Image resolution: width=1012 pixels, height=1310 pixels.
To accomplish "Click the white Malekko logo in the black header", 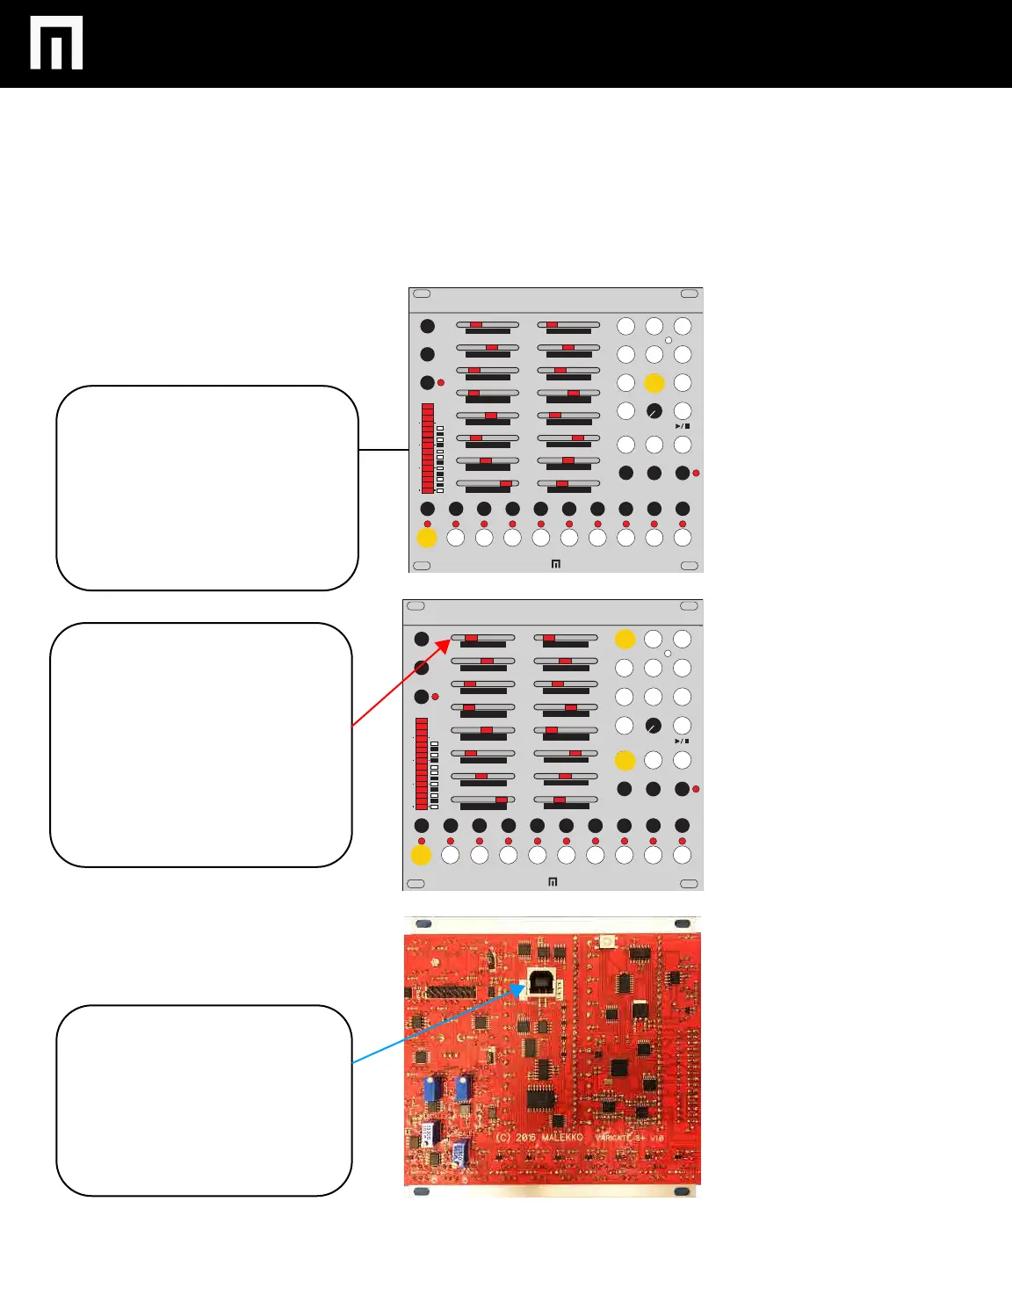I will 56,42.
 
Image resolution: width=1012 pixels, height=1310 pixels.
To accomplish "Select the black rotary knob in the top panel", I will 654,411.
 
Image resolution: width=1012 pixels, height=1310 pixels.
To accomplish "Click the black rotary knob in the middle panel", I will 653,726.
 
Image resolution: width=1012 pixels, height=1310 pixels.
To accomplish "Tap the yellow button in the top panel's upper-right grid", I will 654,383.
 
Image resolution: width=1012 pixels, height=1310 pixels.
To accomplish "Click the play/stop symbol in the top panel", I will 683,426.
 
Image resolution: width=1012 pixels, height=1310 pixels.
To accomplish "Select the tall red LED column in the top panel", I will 427,448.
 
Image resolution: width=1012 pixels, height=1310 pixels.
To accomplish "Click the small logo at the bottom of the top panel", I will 556,564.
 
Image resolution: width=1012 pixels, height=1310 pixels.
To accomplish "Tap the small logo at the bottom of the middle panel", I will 553,882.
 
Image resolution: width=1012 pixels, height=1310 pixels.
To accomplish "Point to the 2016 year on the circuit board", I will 526,1137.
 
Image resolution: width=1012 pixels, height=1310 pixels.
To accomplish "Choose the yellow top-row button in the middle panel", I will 625,639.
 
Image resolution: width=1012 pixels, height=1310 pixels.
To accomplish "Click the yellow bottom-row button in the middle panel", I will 421,854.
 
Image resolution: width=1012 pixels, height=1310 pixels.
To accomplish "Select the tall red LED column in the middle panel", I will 422,764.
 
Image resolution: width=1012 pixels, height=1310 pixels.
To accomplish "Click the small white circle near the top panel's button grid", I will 669,340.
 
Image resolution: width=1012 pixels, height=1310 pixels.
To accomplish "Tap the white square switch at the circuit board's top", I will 605,942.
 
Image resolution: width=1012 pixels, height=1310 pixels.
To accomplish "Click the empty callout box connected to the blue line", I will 204,1100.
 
